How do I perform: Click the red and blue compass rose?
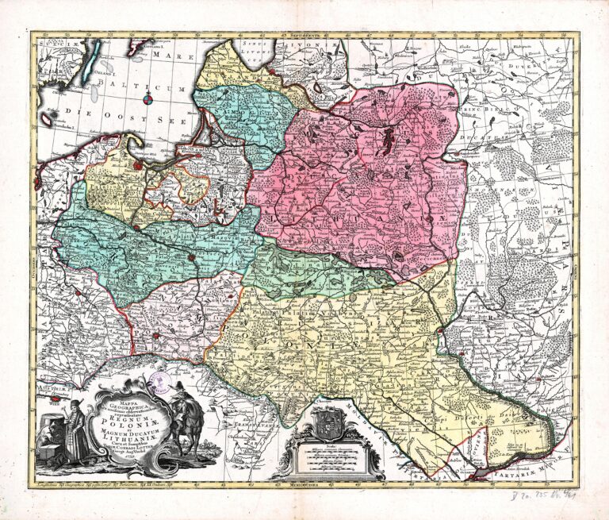pos(150,98)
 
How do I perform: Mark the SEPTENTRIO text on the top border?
pos(304,36)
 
